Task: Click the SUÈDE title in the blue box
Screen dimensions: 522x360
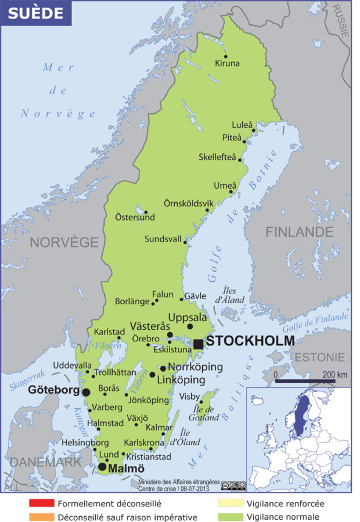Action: click(x=35, y=13)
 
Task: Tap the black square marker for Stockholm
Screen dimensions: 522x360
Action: click(x=199, y=344)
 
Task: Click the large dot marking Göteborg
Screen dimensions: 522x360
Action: click(x=86, y=393)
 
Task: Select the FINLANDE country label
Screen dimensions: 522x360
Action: click(x=299, y=232)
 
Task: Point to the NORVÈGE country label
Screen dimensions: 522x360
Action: click(x=64, y=242)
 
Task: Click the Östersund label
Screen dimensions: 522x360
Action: click(x=135, y=218)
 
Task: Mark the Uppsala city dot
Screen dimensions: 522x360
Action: click(x=190, y=327)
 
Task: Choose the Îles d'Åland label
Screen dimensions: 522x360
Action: click(x=233, y=295)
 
